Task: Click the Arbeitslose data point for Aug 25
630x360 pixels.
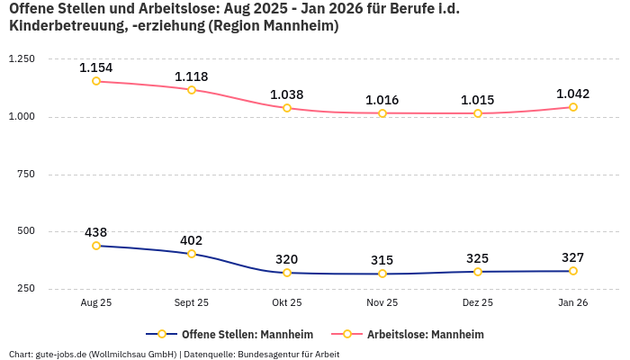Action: tap(96, 81)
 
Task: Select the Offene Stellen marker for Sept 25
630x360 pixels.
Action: tap(192, 254)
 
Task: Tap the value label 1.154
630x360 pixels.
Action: tap(96, 67)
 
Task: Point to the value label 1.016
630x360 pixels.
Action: tap(382, 100)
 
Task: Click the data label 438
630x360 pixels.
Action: tap(96, 232)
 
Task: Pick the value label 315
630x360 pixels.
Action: tap(382, 260)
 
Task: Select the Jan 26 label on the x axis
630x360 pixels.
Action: tap(573, 303)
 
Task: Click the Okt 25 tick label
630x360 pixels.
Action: tap(287, 303)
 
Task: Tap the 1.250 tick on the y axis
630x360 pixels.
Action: tap(21, 59)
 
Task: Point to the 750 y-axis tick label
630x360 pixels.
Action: tap(25, 174)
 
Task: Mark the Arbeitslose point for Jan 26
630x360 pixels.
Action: tap(573, 107)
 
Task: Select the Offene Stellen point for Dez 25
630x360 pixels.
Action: tap(478, 272)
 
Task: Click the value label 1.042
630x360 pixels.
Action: tap(573, 94)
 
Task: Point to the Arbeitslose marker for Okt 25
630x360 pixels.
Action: tap(287, 108)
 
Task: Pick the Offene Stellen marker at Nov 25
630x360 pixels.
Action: tap(382, 274)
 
